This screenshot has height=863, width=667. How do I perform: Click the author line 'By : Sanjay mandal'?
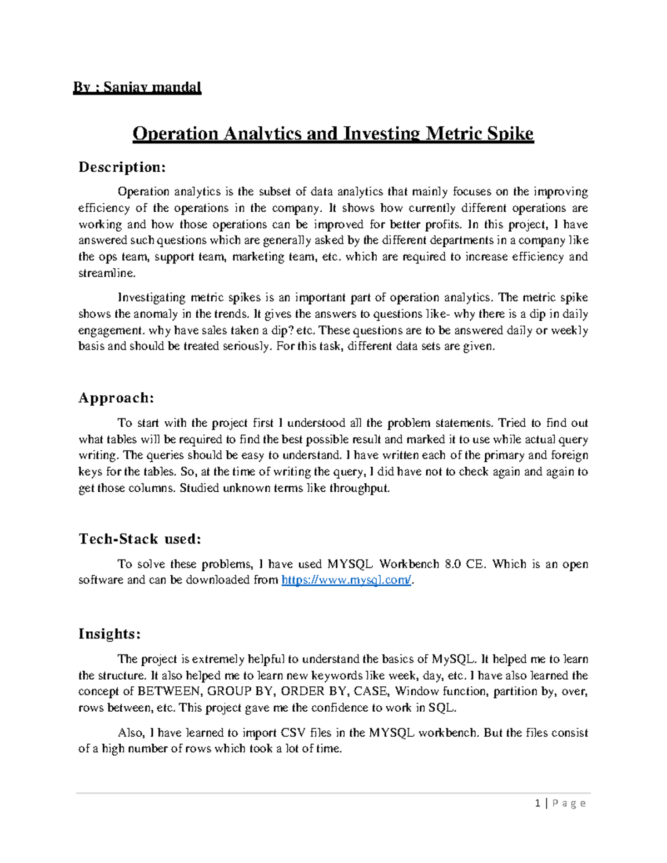tap(137, 87)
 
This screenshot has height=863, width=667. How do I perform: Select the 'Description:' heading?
tap(122, 167)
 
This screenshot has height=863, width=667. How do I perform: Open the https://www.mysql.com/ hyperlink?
tap(347, 580)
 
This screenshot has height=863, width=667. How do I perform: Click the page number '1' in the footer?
tap(537, 803)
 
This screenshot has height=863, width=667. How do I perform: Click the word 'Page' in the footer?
tap(570, 803)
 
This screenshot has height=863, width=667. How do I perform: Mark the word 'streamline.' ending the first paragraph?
tap(107, 273)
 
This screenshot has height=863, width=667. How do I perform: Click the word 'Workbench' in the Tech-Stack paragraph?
tap(409, 564)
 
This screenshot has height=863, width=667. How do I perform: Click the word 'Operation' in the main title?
tap(175, 134)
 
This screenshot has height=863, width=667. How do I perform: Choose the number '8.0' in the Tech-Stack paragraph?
tap(453, 564)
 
